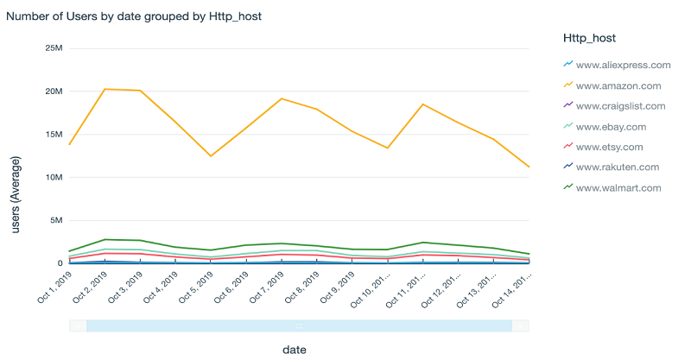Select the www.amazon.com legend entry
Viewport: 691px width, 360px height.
pyautogui.click(x=618, y=85)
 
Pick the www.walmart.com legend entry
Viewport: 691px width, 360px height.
pyautogui.click(x=618, y=187)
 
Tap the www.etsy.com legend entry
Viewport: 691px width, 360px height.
pyautogui.click(x=609, y=147)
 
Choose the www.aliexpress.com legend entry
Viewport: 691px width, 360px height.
pyautogui.click(x=623, y=65)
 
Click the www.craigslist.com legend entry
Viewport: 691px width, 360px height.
pyautogui.click(x=620, y=105)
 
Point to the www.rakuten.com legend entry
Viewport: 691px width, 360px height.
pyautogui.click(x=617, y=167)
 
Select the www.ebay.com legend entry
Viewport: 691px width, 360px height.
pyautogui.click(x=611, y=126)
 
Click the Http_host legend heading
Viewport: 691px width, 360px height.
pyautogui.click(x=591, y=38)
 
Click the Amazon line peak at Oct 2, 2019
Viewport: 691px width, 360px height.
pyautogui.click(x=105, y=89)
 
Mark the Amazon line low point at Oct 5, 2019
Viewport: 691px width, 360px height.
pyautogui.click(x=211, y=156)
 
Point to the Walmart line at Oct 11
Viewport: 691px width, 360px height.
pyautogui.click(x=422, y=243)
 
